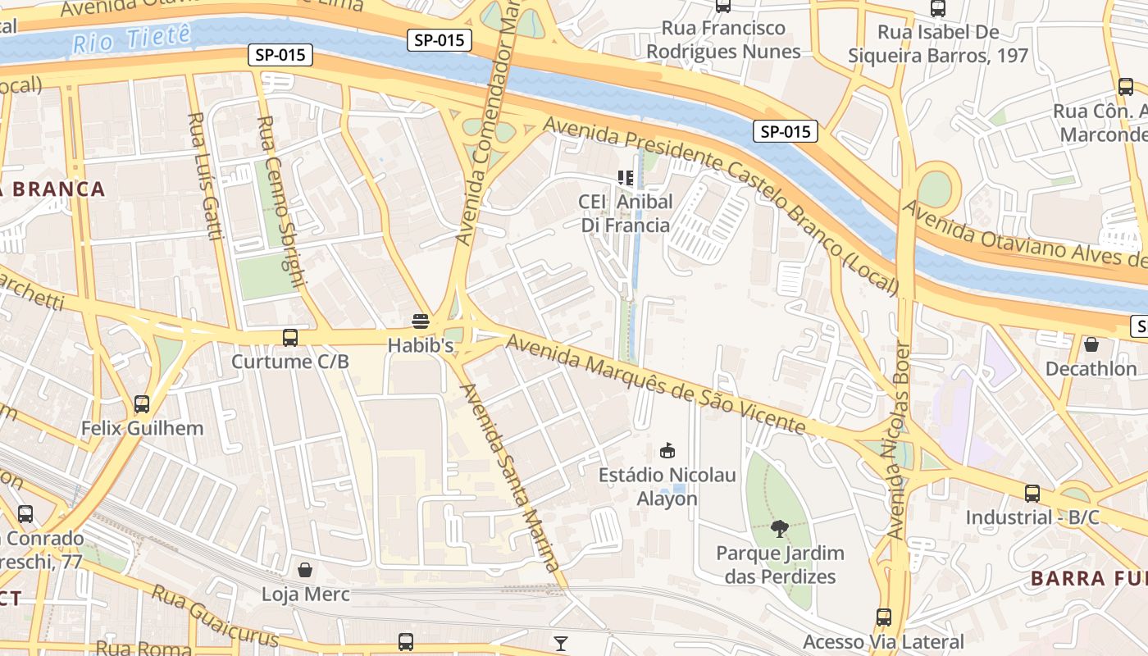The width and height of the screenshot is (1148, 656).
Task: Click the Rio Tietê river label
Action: (131, 39)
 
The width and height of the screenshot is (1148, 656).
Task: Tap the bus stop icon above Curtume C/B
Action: (290, 337)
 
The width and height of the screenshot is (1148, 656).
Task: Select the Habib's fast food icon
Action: (421, 321)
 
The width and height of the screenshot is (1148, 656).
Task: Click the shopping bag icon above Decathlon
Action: (1091, 344)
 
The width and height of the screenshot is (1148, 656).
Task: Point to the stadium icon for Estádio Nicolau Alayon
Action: (667, 450)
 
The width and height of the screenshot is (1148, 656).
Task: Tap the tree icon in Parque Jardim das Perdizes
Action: (780, 529)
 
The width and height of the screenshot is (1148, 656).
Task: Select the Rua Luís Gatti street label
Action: (206, 176)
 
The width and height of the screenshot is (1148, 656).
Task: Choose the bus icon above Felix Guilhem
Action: (142, 404)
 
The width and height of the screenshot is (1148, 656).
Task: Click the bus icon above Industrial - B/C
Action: (1032, 494)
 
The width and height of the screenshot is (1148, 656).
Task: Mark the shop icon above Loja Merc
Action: (305, 570)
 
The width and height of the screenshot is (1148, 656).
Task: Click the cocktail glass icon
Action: (561, 644)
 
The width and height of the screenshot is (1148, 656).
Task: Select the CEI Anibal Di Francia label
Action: (626, 213)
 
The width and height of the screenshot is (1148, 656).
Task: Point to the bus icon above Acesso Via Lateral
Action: (883, 617)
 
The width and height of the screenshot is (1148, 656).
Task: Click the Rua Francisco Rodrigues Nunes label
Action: (723, 39)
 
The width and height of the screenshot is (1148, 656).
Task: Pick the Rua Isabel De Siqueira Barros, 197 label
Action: (938, 43)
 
